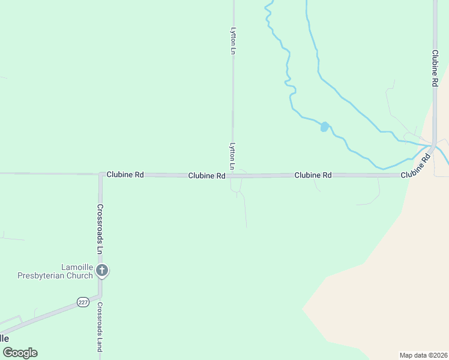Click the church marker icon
(102, 271)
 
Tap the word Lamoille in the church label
(77, 267)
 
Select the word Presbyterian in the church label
(62, 275)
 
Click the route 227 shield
(82, 302)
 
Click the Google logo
(19, 353)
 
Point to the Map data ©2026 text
(423, 355)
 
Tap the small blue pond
(324, 127)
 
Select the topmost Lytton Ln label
(233, 40)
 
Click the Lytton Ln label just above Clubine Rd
(232, 155)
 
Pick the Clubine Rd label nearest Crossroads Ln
(125, 175)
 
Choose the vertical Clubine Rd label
(435, 68)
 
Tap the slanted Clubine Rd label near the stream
(417, 166)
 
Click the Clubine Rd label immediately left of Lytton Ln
(206, 176)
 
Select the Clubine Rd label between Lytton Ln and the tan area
(313, 175)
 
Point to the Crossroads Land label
(100, 326)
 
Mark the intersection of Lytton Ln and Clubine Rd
(233, 176)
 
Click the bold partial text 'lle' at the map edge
(5, 338)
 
